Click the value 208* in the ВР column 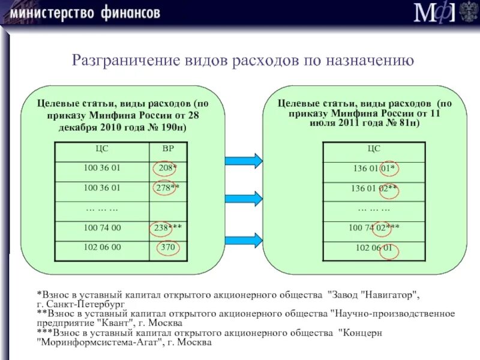coord(167,169)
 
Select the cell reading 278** coord(167,188)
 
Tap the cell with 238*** coord(167,228)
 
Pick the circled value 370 coord(167,247)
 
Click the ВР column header coord(167,150)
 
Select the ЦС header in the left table coord(101,150)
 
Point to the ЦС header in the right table coord(374,149)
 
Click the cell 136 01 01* coord(374,169)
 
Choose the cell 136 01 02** coord(374,188)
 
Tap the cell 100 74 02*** coord(374,228)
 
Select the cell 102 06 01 coord(374,247)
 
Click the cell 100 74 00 coord(101,228)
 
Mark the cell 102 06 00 coord(101,247)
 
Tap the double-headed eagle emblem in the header coord(468,11)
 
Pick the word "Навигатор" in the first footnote coord(387,295)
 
